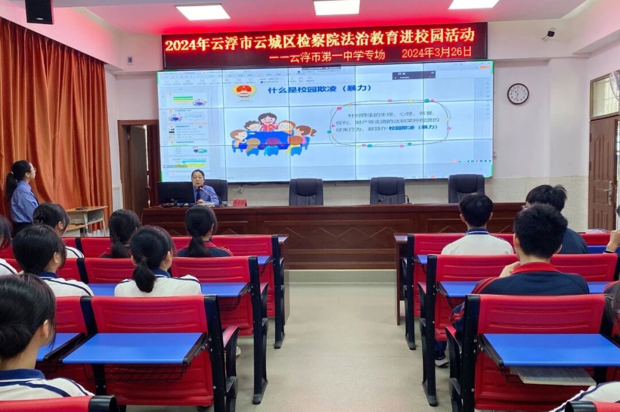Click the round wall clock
click(518, 94)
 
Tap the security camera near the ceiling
click(549, 34)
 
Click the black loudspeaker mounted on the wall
click(39, 11)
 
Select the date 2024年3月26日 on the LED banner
click(436, 52)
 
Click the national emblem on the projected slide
click(245, 91)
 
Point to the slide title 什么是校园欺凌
click(319, 89)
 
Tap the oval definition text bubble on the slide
click(389, 123)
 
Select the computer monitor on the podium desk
click(175, 193)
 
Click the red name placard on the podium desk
click(239, 203)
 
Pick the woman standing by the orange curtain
click(22, 195)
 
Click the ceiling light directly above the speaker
click(203, 12)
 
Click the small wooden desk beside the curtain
click(86, 215)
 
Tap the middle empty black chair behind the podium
click(387, 190)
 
